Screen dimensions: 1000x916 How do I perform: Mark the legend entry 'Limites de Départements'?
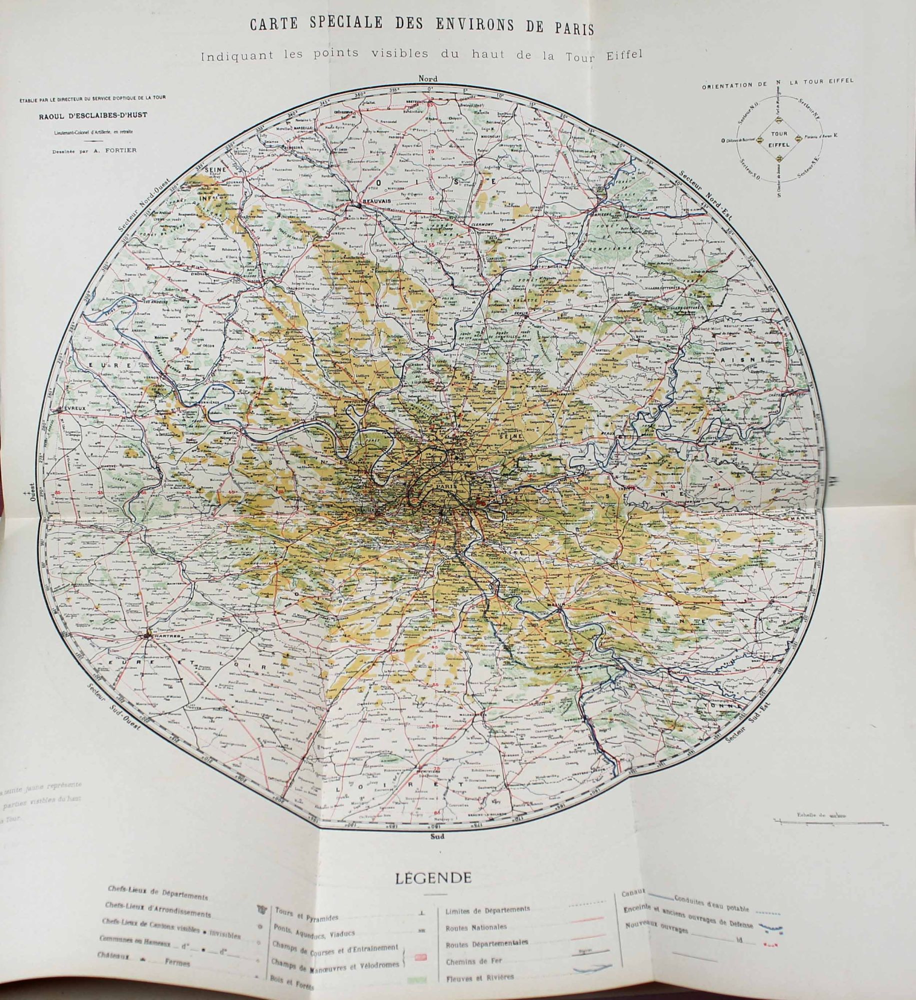click(487, 909)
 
